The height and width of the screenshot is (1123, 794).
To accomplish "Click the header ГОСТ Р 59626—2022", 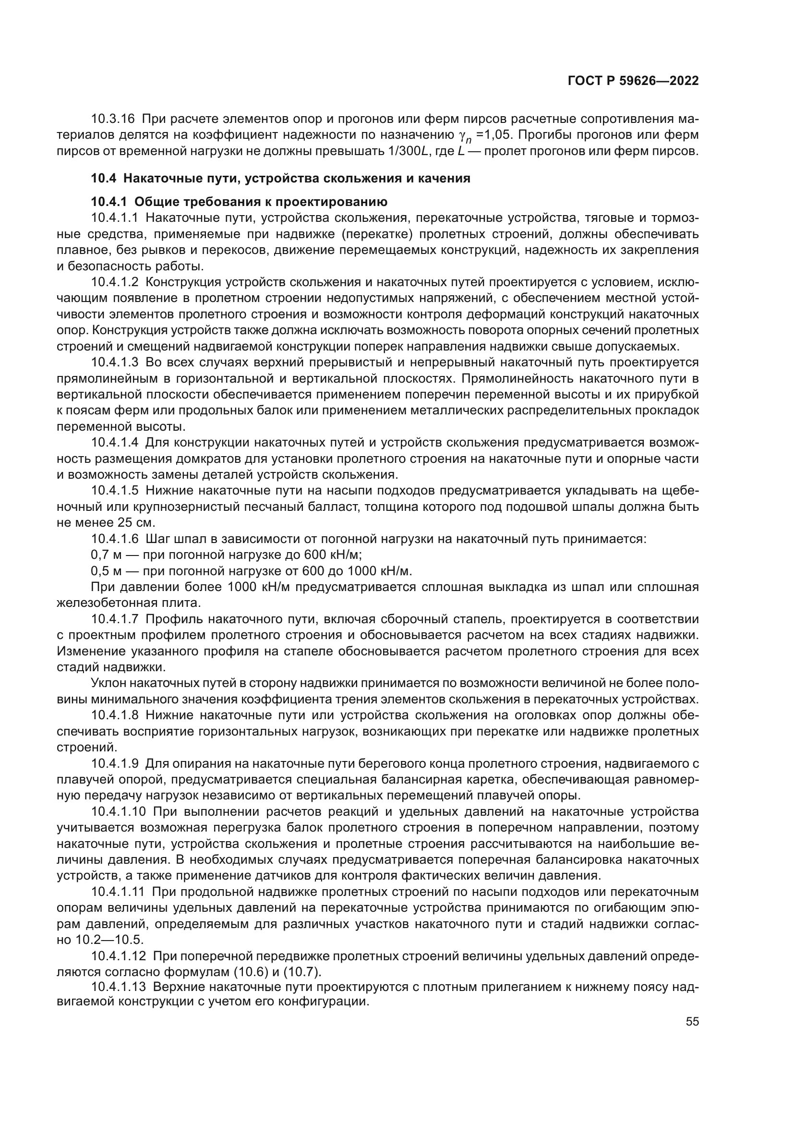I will coord(633,81).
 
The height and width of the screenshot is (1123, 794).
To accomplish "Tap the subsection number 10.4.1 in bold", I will coord(109,202).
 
